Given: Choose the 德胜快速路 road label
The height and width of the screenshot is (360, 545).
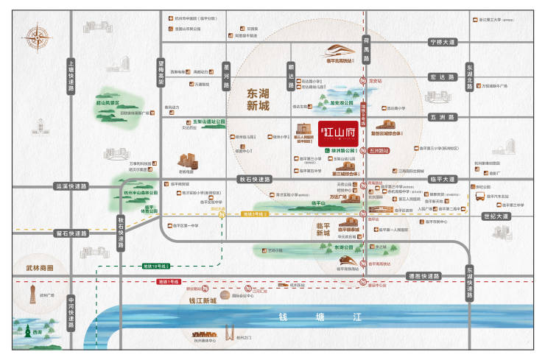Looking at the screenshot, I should [423, 275].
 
